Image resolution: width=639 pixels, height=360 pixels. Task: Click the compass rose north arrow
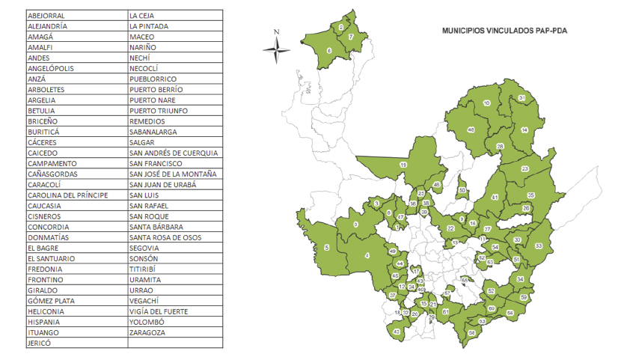(277, 49)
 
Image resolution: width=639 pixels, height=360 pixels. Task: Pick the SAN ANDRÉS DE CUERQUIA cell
(174, 153)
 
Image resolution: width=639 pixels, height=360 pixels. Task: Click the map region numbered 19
(403, 165)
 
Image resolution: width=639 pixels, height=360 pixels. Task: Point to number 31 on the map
(522, 99)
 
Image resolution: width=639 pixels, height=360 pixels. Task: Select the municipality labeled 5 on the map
(327, 248)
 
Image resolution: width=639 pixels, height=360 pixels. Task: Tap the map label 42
(397, 331)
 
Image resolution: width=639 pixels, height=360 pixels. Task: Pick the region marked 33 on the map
(539, 245)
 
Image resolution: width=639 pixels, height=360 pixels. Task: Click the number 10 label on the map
(487, 103)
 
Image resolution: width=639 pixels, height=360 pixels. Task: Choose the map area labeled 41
(495, 198)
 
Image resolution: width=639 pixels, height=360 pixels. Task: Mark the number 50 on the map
(462, 190)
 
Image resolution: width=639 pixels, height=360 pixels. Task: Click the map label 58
(471, 332)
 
